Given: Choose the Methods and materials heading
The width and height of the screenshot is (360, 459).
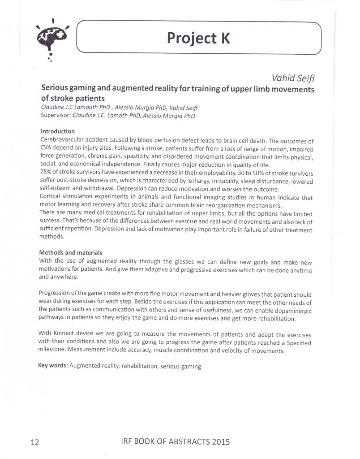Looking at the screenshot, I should pyautogui.click(x=71, y=252).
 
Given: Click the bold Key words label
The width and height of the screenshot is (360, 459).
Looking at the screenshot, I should pyautogui.click(x=53, y=366).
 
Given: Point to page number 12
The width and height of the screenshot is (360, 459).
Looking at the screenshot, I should pyautogui.click(x=35, y=442).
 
